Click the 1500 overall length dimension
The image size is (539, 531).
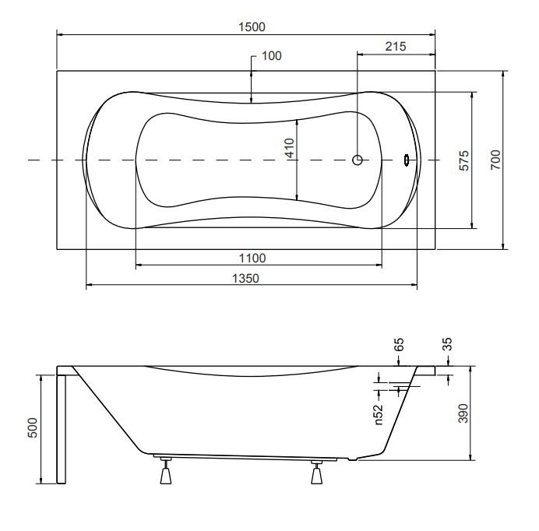click(252, 26)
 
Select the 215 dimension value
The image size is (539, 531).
click(396, 47)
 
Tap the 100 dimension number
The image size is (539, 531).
click(273, 56)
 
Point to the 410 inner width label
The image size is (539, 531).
click(289, 149)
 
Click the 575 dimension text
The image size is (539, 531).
click(463, 160)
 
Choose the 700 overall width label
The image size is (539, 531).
click(495, 160)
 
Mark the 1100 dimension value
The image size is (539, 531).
click(254, 258)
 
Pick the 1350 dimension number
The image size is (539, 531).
click(251, 278)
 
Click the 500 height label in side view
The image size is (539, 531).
click(33, 428)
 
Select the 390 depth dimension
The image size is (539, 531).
click(463, 413)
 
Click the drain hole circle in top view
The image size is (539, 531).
click(358, 160)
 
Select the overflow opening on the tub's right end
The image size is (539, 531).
click(406, 160)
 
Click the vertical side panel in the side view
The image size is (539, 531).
click(61, 428)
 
